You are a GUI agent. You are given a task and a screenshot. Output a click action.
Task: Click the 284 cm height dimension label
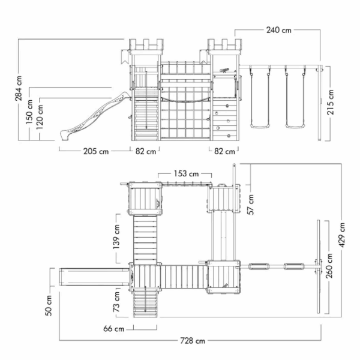point(19,88)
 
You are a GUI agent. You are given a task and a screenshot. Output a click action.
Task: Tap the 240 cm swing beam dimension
point(279,30)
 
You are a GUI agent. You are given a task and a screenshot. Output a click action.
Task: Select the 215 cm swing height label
point(330,102)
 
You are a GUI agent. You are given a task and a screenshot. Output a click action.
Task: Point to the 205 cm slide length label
point(96,151)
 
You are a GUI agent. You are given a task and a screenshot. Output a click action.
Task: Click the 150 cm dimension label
point(29,112)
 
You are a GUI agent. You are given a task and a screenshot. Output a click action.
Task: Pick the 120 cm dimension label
point(40,117)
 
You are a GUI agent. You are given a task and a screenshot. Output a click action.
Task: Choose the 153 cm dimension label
point(186,173)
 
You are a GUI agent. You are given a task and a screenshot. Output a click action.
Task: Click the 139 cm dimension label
point(116,237)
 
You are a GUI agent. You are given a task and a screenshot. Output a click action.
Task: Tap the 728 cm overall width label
point(193,341)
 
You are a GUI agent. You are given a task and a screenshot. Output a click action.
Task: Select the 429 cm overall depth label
point(342,235)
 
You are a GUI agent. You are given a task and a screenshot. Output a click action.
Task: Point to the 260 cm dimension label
point(329,266)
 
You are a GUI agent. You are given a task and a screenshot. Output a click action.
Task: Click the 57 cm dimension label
point(251,205)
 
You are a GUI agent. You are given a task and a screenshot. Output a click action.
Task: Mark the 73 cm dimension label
point(116,302)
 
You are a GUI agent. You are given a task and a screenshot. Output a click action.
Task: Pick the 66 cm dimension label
point(113,329)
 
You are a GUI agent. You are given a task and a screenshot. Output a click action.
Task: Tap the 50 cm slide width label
point(49,305)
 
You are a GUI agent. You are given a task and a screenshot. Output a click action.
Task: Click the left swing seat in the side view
point(260,126)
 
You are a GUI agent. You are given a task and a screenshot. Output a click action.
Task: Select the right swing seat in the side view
point(295,126)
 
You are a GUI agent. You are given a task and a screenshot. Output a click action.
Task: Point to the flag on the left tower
point(125,57)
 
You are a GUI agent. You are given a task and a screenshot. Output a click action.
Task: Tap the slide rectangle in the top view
point(94,277)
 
